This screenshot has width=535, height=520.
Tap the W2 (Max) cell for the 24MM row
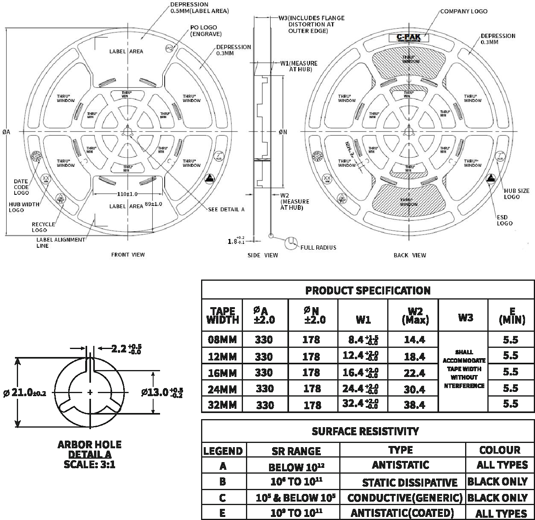(x=414, y=389)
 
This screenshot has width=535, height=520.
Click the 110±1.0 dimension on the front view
(x=127, y=194)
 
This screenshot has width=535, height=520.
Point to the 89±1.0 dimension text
(x=154, y=204)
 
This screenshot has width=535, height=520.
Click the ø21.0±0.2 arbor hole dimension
(x=25, y=393)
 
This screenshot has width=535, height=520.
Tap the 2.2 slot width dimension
(x=126, y=349)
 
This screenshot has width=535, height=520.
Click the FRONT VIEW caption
(x=128, y=255)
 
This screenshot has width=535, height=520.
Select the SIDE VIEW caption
(x=263, y=255)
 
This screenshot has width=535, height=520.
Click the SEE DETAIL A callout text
(x=226, y=209)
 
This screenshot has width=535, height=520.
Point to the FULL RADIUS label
(x=318, y=248)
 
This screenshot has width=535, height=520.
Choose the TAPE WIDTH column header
(x=222, y=316)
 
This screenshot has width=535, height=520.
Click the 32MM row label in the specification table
(x=222, y=405)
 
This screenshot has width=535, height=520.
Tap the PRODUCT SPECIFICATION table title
(x=368, y=290)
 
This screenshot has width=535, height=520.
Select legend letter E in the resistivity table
(x=223, y=513)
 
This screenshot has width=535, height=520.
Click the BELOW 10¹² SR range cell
(x=296, y=467)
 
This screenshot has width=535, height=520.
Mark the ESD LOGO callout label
(x=504, y=221)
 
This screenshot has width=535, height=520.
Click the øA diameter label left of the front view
(x=6, y=132)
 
